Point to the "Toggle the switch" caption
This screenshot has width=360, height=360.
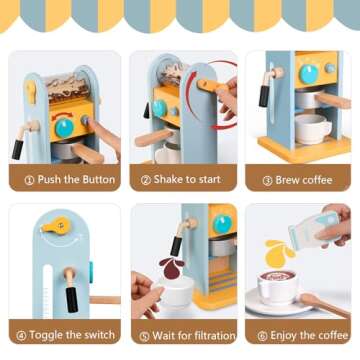click(70, 334)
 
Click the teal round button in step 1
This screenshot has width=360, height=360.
click(63, 127)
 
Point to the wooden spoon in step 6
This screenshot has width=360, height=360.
click(325, 303)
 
